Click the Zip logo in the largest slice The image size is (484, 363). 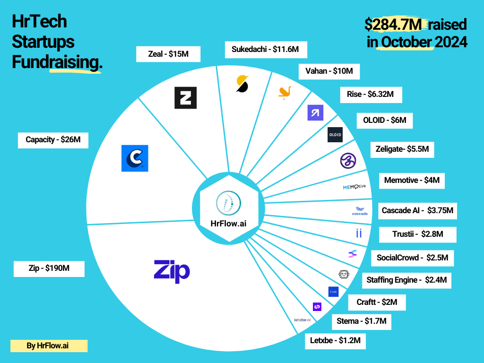tap(172, 271)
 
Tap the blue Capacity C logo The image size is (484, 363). tap(135, 158)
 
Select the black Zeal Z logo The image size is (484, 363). tap(185, 98)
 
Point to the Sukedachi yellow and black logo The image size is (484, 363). tap(242, 84)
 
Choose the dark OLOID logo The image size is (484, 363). tap(335, 135)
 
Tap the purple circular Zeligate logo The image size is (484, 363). tap(348, 160)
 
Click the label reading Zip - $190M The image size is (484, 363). tap(49, 268)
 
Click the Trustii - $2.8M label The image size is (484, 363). tap(418, 234)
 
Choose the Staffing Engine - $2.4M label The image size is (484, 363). tap(406, 280)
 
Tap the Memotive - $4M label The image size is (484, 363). tap(412, 180)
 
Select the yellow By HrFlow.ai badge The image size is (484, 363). tap(49, 346)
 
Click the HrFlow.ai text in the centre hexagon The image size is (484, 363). tap(228, 223)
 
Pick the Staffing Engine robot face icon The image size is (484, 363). tap(344, 274)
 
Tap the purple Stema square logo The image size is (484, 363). tap(317, 307)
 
